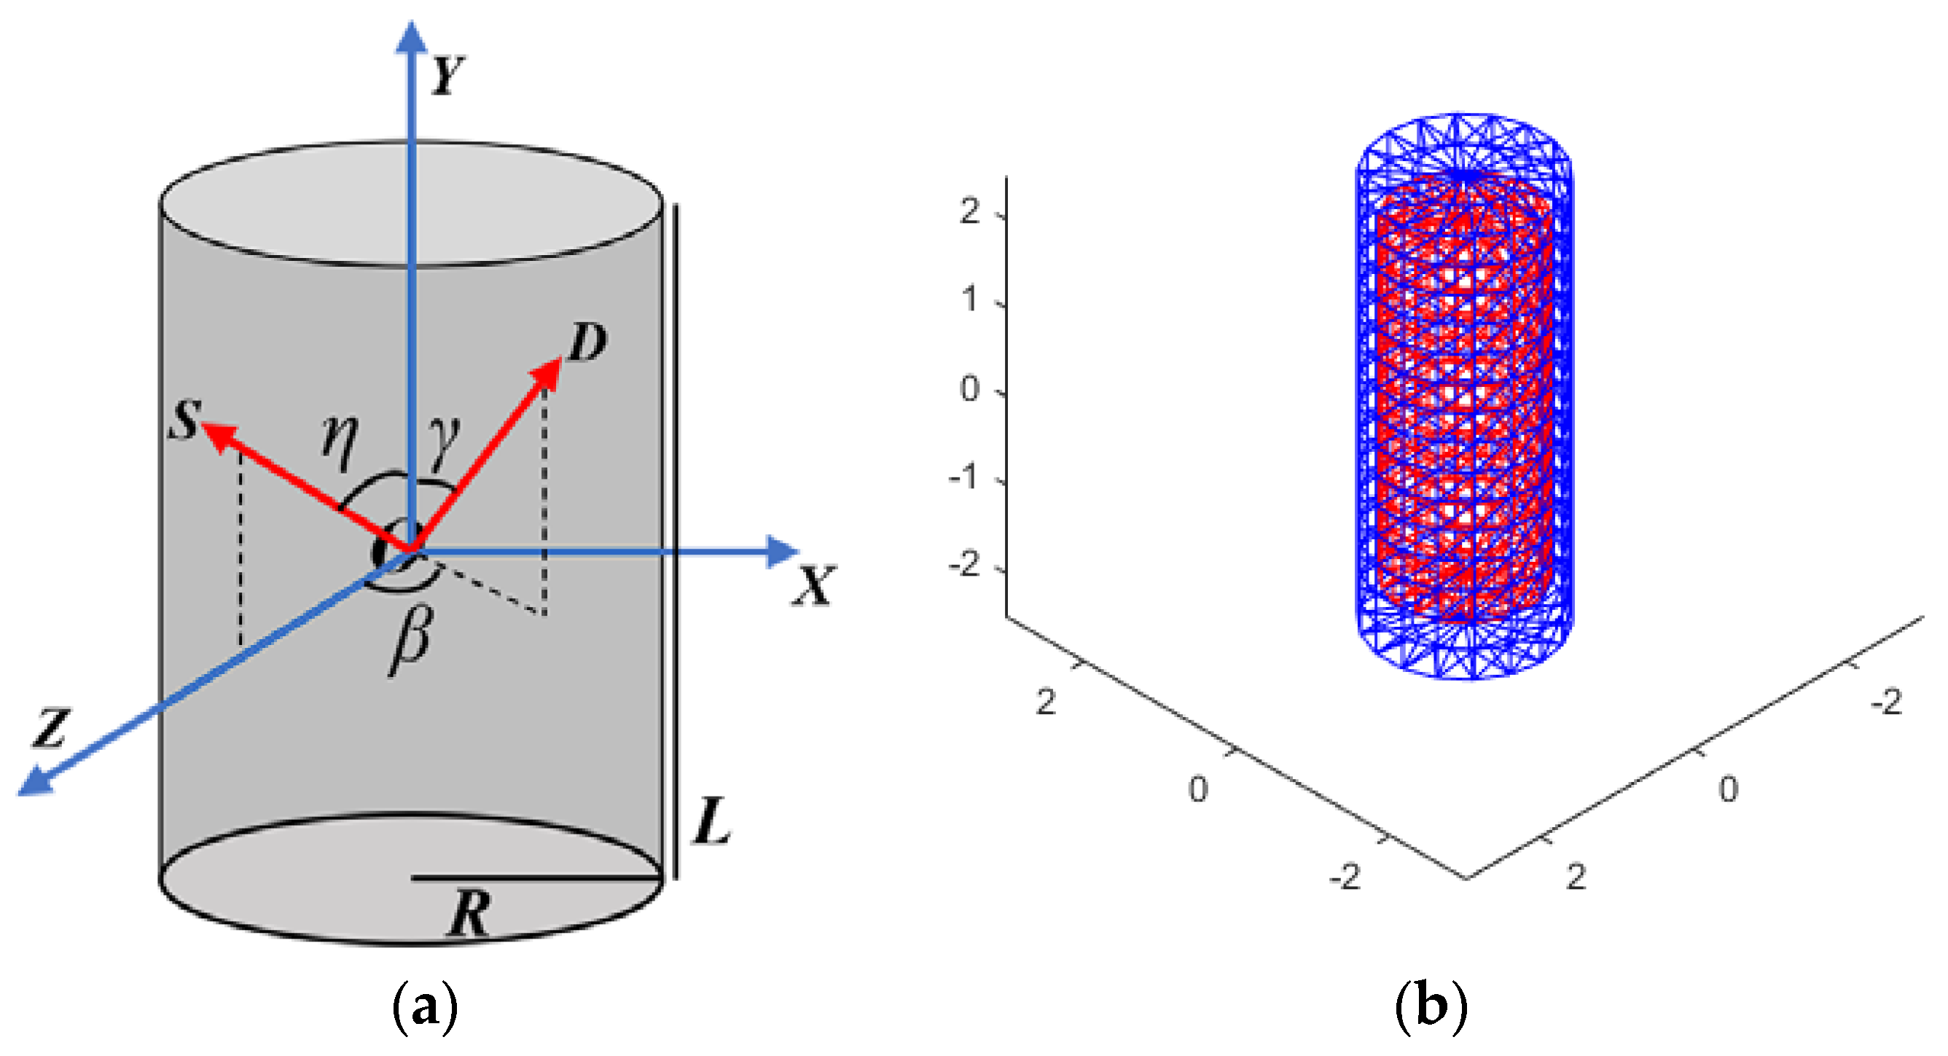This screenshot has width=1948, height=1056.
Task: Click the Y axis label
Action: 447,76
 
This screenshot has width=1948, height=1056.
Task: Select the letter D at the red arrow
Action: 587,343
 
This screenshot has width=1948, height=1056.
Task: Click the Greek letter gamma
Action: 443,441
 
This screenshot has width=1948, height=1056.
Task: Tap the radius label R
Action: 469,913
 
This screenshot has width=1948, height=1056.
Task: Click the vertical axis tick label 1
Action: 969,300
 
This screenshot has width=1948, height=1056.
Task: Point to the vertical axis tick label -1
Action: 965,477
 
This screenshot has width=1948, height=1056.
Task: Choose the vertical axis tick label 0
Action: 969,389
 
